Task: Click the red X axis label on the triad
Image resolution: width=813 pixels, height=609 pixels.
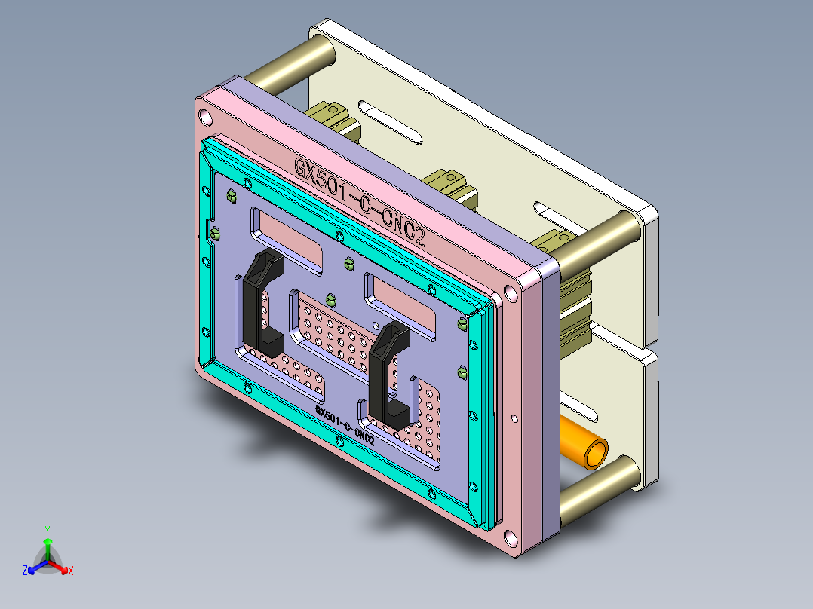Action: click(71, 571)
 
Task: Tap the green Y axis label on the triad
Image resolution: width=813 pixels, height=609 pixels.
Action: click(47, 530)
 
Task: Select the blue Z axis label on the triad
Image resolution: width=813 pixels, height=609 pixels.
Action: click(25, 571)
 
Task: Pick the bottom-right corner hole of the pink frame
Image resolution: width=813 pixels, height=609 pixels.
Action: click(511, 538)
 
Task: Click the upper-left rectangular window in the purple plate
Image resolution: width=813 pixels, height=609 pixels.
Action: click(290, 240)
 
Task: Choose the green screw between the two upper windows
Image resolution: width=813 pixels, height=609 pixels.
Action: click(348, 263)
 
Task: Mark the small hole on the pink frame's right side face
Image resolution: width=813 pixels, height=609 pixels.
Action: click(514, 417)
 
